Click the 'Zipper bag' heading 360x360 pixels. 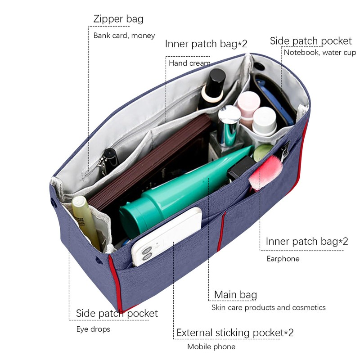click(x=118, y=19)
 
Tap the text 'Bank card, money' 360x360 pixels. click(x=124, y=36)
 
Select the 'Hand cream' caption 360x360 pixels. click(x=189, y=63)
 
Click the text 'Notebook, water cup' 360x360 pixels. click(x=319, y=53)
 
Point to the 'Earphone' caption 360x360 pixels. click(x=283, y=259)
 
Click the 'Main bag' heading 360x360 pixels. click(x=235, y=295)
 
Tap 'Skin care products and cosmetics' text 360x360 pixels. click(x=268, y=308)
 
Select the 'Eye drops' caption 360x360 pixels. click(x=93, y=329)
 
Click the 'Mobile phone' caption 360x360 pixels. click(x=211, y=346)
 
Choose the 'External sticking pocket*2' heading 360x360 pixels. click(x=235, y=333)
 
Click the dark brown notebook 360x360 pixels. click(x=148, y=162)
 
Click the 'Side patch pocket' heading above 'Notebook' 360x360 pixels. click(x=310, y=41)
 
